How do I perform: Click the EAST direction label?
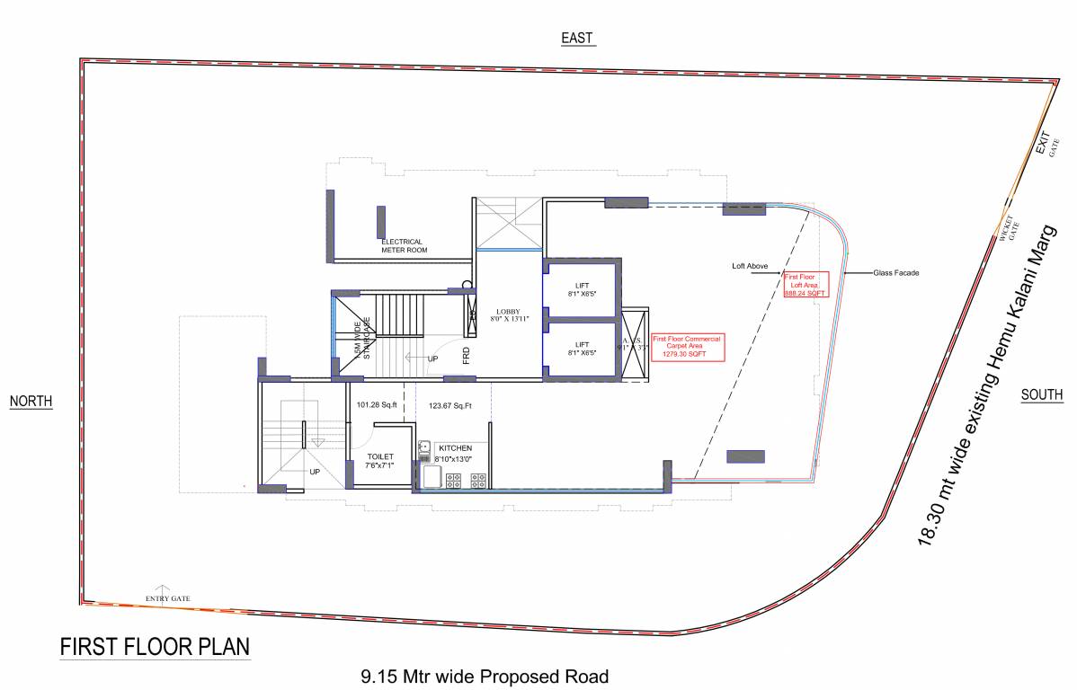pyautogui.click(x=577, y=38)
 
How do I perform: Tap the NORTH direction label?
pyautogui.click(x=31, y=402)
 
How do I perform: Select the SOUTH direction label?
pyautogui.click(x=1042, y=395)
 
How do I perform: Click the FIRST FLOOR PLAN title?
pyautogui.click(x=155, y=647)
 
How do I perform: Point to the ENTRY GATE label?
pyautogui.click(x=168, y=598)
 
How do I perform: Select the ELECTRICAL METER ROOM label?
pyautogui.click(x=404, y=246)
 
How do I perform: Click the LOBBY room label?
pyautogui.click(x=510, y=314)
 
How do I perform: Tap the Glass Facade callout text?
pyautogui.click(x=895, y=272)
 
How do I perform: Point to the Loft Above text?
pyautogui.click(x=750, y=267)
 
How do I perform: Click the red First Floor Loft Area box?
pyautogui.click(x=805, y=285)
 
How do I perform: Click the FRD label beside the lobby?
pyautogui.click(x=467, y=356)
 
